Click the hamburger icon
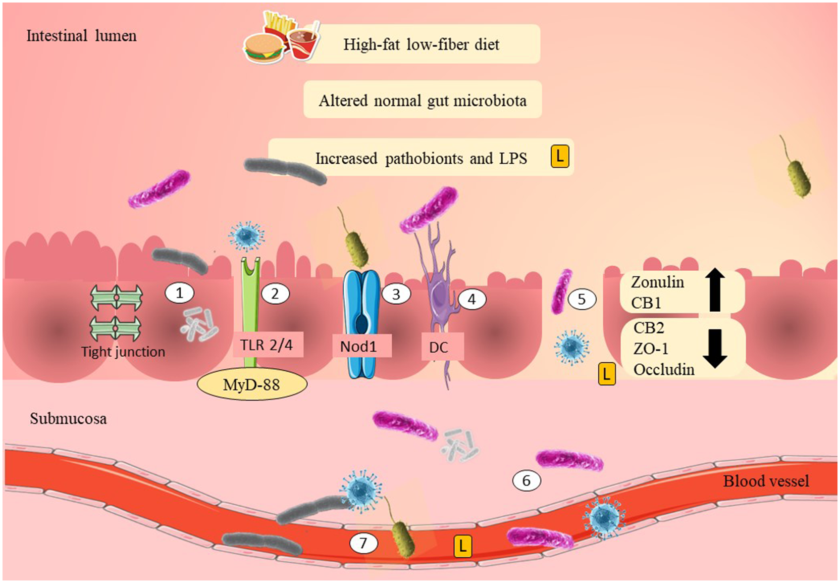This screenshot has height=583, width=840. point(262,49)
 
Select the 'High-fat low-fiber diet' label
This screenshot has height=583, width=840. point(421,44)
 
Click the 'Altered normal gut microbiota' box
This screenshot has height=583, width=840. point(423,100)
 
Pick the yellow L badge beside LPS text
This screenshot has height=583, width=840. point(559,156)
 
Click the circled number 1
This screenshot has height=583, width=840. point(179,293)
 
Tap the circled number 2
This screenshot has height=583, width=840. point(275,294)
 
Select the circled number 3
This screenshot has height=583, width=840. point(396,294)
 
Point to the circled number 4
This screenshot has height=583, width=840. point(471,299)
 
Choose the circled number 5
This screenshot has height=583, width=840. point(582,299)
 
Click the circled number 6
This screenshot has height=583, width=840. point(527,480)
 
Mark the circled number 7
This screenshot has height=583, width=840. point(363,543)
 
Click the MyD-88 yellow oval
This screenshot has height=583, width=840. point(251,385)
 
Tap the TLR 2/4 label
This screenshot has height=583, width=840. point(267,345)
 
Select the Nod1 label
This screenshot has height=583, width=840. point(359,347)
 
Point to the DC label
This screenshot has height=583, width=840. point(439,348)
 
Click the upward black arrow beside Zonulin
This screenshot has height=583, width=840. point(715,290)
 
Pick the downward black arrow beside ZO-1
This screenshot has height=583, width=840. point(715,348)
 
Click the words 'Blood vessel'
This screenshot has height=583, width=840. point(766,481)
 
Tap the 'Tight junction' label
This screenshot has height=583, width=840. point(123,352)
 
